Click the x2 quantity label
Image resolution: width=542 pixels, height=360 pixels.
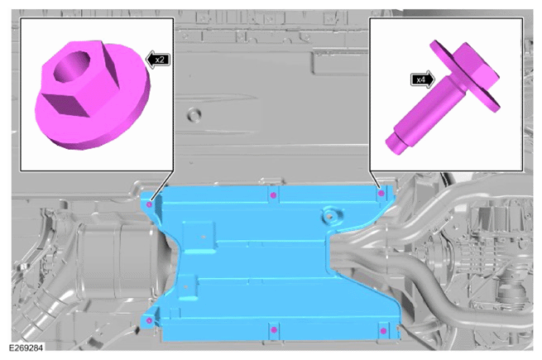coord(158,60)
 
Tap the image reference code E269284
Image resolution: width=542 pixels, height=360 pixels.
coord(26,348)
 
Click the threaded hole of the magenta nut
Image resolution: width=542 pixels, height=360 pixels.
coord(71,66)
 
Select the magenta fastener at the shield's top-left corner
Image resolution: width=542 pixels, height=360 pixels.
coord(149,204)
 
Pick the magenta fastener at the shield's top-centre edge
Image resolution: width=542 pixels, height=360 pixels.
coord(273,195)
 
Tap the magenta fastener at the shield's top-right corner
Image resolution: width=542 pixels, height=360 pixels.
coord(381,194)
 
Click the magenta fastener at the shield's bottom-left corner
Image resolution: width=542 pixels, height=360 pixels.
coord(149,320)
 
